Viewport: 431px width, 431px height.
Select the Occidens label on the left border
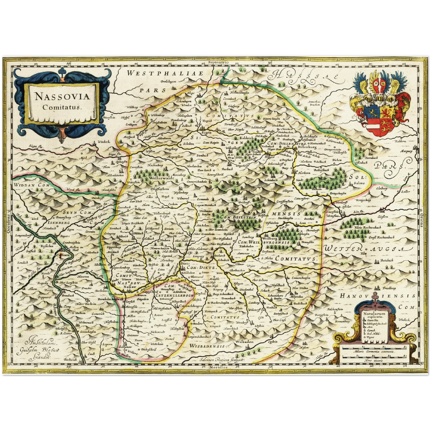(x=9, y=224)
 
